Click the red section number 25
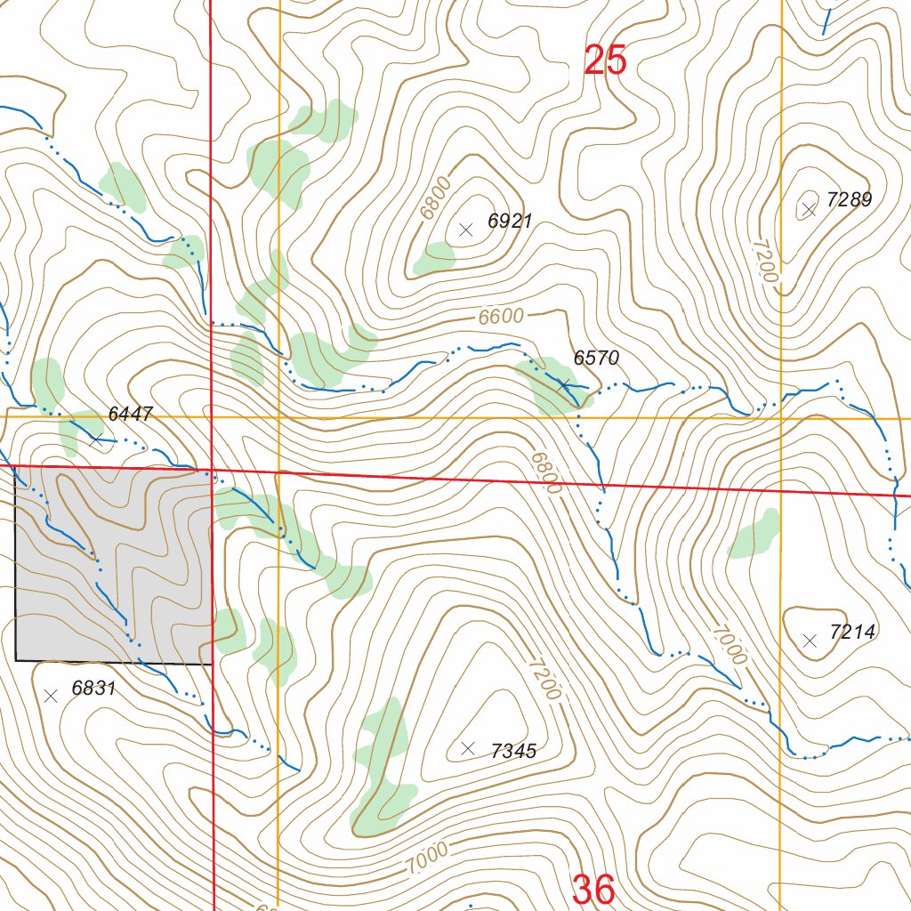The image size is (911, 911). pos(606,60)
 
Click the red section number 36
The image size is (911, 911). pos(593,889)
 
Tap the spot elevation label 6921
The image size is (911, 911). pos(510,222)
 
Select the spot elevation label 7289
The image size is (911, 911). pos(849,200)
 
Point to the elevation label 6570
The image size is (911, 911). pos(596,359)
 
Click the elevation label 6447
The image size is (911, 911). pos(131,414)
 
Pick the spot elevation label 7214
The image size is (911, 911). pos(852,633)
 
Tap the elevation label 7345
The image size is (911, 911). pos(513,752)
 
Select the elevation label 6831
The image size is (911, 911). pos(93,689)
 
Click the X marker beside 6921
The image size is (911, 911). pos(465,230)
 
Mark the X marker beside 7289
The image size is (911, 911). pos(809,210)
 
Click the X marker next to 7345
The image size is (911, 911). pos(468,749)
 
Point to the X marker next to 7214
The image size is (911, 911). pos(810,640)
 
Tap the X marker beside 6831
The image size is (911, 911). pos(51,696)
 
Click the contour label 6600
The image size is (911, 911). pos(501,317)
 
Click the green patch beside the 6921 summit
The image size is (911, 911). pos(435,258)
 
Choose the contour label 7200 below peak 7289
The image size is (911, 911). pos(764,261)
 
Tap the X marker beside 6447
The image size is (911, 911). pos(96,439)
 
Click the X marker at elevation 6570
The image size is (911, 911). pos(563,384)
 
